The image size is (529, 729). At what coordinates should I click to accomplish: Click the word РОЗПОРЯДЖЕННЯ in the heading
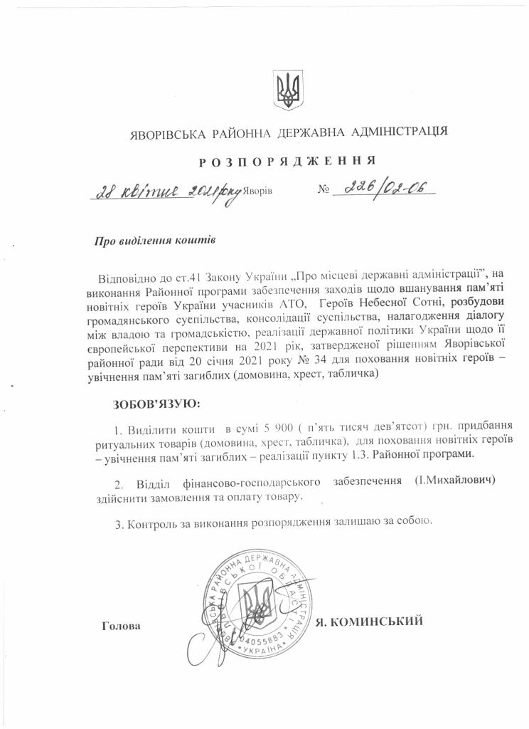coord(287,162)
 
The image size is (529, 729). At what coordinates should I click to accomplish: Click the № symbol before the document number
coord(323,192)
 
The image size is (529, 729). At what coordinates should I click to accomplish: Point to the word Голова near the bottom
coord(122,627)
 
